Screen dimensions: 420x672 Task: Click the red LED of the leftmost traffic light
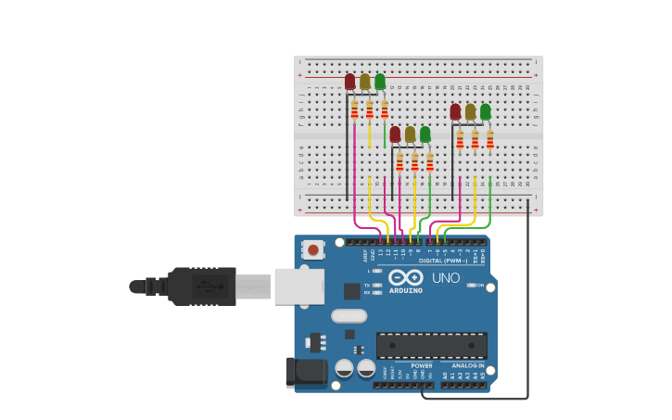click(349, 82)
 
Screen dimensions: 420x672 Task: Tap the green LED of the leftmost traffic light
click(380, 82)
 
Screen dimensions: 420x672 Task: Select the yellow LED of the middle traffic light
click(410, 134)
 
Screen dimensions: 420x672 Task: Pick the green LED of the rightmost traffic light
click(485, 111)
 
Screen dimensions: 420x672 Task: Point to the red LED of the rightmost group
click(455, 111)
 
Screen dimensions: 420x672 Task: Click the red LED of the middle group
click(395, 134)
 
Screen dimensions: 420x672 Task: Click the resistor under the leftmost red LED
click(354, 110)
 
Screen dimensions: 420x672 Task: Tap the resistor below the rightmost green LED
click(490, 140)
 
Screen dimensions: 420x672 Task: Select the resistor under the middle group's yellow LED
click(414, 162)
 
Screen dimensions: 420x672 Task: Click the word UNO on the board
click(446, 278)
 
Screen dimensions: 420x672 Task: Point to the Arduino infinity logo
click(406, 277)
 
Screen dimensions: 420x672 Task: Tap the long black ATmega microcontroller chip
click(431, 346)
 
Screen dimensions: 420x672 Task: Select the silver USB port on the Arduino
click(299, 286)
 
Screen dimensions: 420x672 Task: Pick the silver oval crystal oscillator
click(349, 315)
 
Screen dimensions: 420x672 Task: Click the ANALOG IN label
click(468, 365)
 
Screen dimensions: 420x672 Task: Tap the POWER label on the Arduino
click(422, 365)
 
